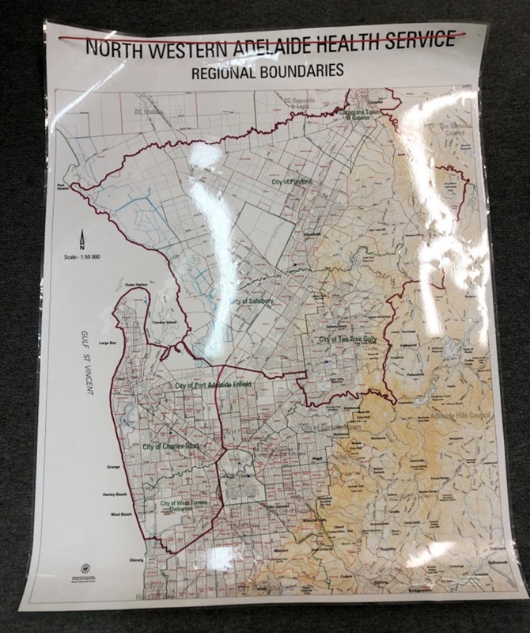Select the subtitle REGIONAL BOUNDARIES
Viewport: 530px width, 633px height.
click(x=267, y=71)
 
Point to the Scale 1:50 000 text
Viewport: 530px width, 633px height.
click(x=82, y=256)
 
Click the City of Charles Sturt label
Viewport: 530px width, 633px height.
click(x=170, y=447)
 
